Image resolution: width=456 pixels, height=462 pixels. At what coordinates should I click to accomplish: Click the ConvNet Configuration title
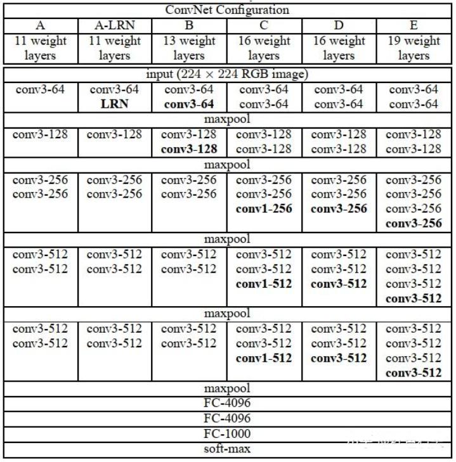point(227,10)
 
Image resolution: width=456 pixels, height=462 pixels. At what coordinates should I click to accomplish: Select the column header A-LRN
point(115,26)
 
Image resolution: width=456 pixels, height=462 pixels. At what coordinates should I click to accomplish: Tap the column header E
point(414,26)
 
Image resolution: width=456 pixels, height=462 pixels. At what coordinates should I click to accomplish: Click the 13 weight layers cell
point(189,48)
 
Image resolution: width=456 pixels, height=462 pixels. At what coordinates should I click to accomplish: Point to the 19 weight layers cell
point(414,48)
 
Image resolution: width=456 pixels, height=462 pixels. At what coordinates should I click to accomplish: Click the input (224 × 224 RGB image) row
point(227,75)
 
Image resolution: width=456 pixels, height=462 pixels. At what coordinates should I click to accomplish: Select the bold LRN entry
point(115,104)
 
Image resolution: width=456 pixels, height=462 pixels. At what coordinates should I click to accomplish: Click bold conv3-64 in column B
point(189,104)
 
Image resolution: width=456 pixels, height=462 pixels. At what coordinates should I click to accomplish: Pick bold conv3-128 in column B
point(189,149)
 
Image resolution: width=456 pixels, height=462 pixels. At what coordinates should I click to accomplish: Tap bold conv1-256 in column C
point(264,209)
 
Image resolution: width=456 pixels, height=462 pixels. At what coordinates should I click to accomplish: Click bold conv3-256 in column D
point(339,209)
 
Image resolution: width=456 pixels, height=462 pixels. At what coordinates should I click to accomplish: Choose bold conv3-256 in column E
point(414,224)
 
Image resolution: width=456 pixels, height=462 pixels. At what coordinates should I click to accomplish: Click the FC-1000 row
point(227,433)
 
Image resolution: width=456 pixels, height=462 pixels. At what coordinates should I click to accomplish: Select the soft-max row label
point(227,449)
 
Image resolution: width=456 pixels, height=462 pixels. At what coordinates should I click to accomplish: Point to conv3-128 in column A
point(39,134)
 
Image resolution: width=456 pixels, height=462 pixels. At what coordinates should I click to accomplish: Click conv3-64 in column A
point(39,89)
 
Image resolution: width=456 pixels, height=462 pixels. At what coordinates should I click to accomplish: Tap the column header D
point(339,26)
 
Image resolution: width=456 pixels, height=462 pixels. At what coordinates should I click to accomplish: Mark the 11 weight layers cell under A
point(39,48)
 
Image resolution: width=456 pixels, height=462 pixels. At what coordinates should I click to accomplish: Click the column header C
point(264,26)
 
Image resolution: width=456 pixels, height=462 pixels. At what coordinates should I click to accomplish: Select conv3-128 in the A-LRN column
point(115,134)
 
